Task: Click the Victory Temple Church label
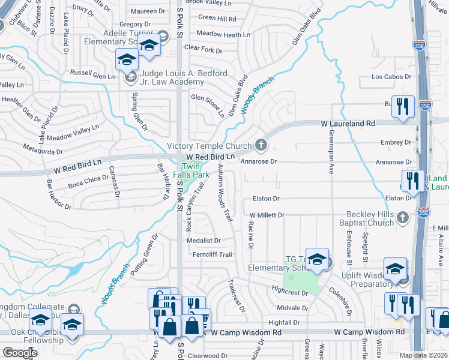(x=209, y=146)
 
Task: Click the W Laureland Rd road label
(x=348, y=123)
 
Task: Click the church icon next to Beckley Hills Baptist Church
(x=402, y=217)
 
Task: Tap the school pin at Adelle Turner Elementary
(x=148, y=46)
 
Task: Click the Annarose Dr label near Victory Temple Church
(x=258, y=161)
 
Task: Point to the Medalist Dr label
(x=203, y=240)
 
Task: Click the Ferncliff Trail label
(x=209, y=254)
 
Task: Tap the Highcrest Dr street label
(x=289, y=293)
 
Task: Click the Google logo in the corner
(x=20, y=353)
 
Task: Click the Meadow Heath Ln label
(x=223, y=35)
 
